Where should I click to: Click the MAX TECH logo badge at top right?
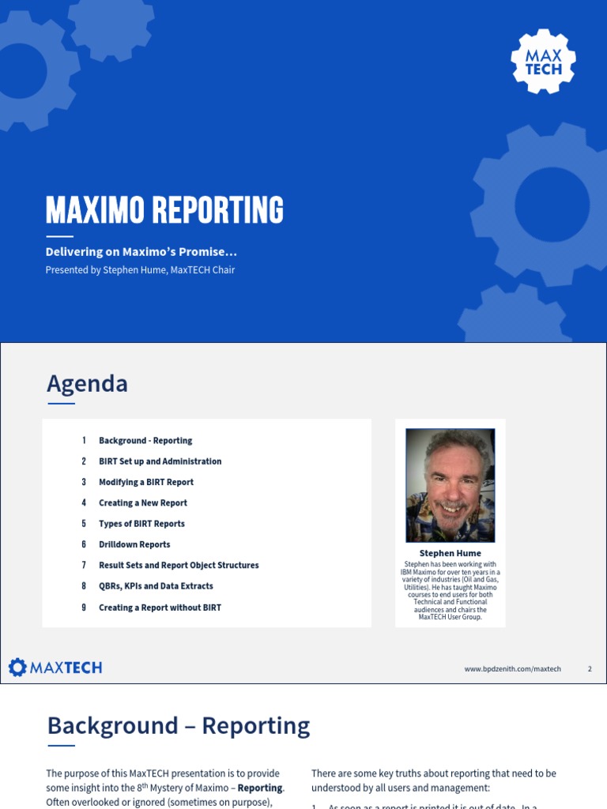(x=543, y=61)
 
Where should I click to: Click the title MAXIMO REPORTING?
(x=164, y=210)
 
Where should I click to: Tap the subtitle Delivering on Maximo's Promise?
(x=141, y=252)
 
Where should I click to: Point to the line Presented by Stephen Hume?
(x=140, y=270)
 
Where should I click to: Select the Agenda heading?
(x=87, y=384)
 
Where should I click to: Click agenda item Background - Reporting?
(x=145, y=441)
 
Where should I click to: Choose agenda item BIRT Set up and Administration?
(x=160, y=461)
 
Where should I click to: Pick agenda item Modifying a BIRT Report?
(x=146, y=482)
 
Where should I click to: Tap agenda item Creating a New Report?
(x=143, y=503)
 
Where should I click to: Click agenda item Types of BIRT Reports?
(x=141, y=524)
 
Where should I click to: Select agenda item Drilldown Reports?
(x=134, y=544)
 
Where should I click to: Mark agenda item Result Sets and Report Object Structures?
(x=179, y=566)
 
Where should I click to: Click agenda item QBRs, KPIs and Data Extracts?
(x=156, y=586)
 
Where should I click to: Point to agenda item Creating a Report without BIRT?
(x=160, y=608)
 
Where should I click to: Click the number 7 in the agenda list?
(x=84, y=566)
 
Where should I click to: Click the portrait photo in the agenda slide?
(x=450, y=485)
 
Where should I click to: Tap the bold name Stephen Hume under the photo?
(x=450, y=553)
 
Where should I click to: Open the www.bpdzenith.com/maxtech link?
(x=512, y=669)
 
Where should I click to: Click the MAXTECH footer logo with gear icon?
(x=55, y=668)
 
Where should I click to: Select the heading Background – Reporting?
(x=178, y=725)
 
